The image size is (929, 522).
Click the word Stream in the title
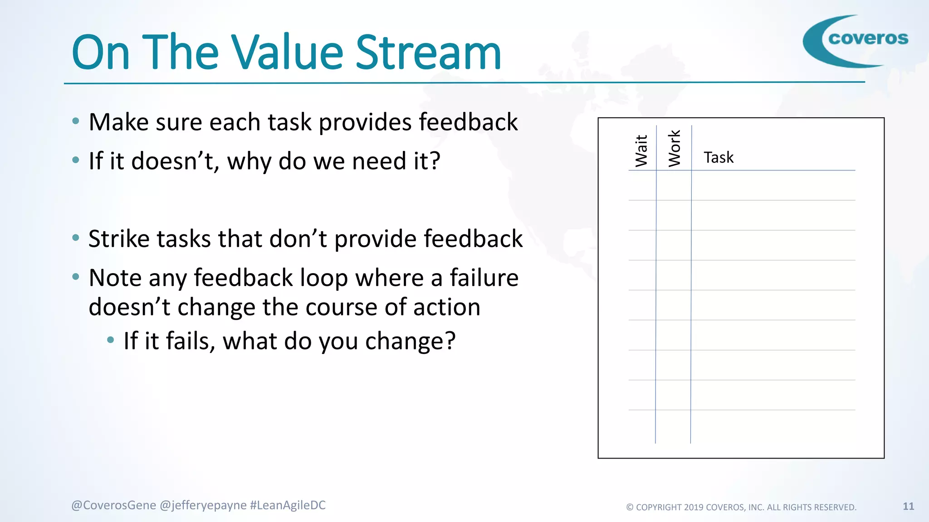click(x=428, y=53)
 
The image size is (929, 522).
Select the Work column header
click(x=675, y=148)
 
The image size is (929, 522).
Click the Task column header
click(x=719, y=158)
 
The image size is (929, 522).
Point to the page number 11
click(x=908, y=506)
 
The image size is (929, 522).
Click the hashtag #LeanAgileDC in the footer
click(x=288, y=505)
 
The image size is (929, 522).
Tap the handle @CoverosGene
click(x=113, y=505)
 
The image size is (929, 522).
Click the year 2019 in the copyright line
click(x=694, y=507)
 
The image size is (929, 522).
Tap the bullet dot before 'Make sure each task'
click(x=76, y=121)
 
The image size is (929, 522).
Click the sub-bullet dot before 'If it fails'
click(x=110, y=340)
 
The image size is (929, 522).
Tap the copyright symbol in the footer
click(x=630, y=507)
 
